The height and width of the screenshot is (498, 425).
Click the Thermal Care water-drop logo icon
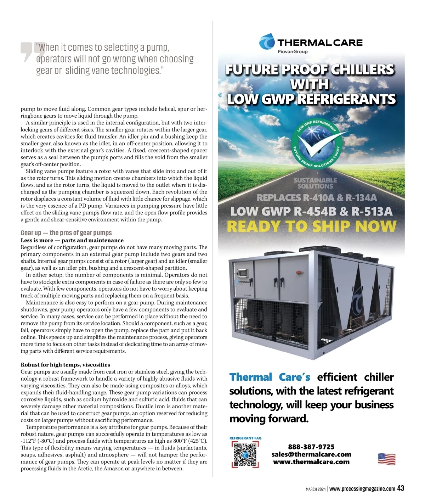point(267,42)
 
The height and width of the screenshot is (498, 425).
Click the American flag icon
point(387,459)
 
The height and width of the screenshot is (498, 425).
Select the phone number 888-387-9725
point(311,447)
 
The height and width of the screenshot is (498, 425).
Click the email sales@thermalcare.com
point(311,454)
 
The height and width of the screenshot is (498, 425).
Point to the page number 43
point(401,488)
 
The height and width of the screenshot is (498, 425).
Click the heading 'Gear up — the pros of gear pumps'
point(66,233)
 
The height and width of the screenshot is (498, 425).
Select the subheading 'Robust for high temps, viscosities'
point(66,365)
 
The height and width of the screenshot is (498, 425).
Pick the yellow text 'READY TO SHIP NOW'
point(311,226)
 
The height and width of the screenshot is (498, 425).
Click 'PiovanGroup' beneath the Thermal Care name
point(293,52)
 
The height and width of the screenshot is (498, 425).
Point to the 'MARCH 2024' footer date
point(316,489)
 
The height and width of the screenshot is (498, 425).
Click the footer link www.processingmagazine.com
point(362,489)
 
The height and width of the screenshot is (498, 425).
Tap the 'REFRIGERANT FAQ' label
point(245,438)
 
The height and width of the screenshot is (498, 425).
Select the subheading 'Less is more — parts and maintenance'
point(72,240)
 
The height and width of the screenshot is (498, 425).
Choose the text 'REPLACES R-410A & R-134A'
point(316,198)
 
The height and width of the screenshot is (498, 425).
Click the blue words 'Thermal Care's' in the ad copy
point(270,377)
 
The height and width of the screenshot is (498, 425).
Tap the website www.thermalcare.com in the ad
point(311,462)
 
